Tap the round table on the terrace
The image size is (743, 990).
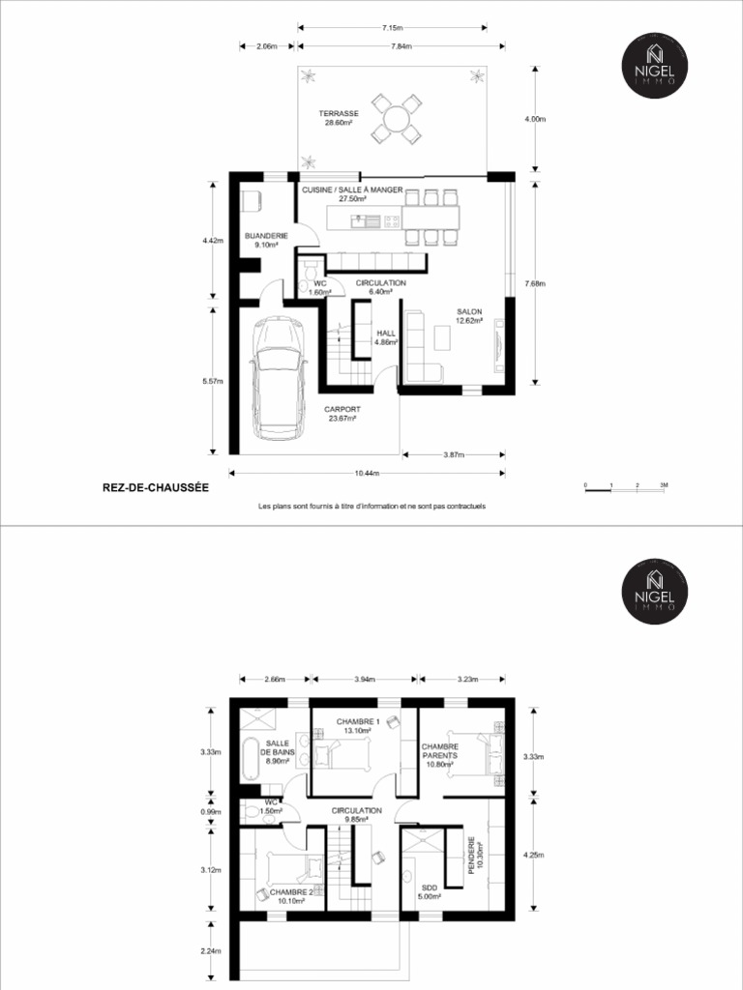coord(397,119)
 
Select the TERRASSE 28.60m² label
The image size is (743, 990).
coord(339,118)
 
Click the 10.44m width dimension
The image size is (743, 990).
coord(367,473)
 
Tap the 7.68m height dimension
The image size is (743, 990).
coord(535,284)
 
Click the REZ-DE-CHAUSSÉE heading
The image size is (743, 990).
coord(155,488)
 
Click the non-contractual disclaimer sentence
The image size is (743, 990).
coord(371,506)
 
